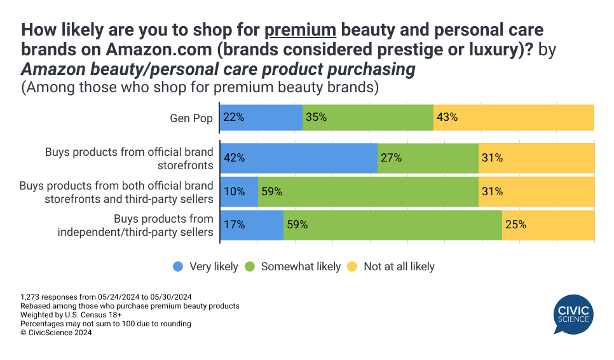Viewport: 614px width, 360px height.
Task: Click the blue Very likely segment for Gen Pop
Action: pos(261,117)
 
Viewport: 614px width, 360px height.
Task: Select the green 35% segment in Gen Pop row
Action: pos(368,117)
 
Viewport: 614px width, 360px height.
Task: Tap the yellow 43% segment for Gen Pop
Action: pos(514,117)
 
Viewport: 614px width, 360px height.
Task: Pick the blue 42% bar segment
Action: pos(299,158)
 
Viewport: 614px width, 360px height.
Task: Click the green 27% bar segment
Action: pos(428,158)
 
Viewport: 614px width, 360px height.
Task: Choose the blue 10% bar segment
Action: pos(239,191)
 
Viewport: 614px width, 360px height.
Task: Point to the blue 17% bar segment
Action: pos(252,225)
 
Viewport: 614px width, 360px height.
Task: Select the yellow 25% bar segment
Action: pos(548,225)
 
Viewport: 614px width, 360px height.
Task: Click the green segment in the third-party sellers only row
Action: pos(393,225)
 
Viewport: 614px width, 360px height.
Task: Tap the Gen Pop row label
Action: pos(191,118)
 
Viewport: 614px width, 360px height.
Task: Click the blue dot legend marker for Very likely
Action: pos(179,267)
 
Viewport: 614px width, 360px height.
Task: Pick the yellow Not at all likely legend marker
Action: pos(353,267)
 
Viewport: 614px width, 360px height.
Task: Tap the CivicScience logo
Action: pos(573,314)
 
